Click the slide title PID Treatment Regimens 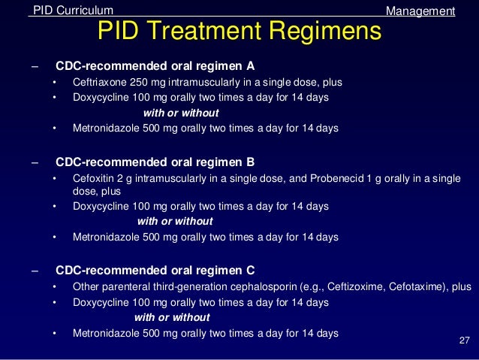[x=239, y=32]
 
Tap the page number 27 [x=463, y=342]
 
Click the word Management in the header [x=420, y=11]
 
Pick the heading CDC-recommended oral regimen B [x=155, y=162]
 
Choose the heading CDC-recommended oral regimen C [x=155, y=270]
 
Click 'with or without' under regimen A [x=181, y=113]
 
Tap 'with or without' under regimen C [x=172, y=317]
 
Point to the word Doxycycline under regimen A [x=101, y=98]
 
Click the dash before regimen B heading [x=34, y=162]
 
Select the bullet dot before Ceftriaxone [x=54, y=83]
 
